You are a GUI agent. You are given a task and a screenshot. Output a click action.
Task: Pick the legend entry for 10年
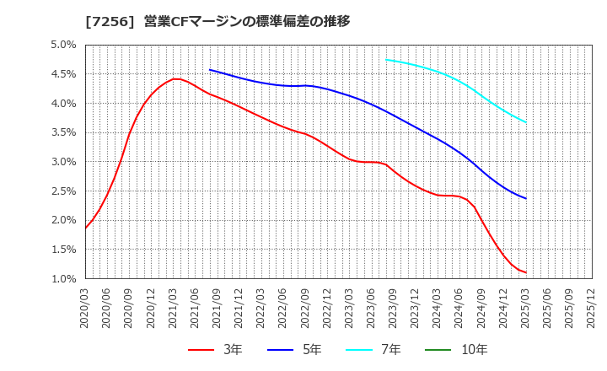pos(447,349)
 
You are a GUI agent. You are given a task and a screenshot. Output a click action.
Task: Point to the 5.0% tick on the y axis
pos(64,46)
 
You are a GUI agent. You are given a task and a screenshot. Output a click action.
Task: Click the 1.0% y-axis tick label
pos(64,278)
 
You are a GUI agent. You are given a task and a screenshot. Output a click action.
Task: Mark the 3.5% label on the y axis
pos(64,132)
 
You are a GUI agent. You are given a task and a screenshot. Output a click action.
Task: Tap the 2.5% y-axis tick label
pos(64,191)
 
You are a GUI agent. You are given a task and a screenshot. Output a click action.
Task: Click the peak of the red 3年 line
pos(175,79)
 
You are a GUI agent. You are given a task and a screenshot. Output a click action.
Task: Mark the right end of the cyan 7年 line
pos(526,122)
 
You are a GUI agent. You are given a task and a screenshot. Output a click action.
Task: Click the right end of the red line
pos(526,272)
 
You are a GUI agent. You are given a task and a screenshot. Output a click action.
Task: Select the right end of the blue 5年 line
pos(526,198)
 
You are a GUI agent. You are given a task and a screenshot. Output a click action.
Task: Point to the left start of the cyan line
pos(386,60)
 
